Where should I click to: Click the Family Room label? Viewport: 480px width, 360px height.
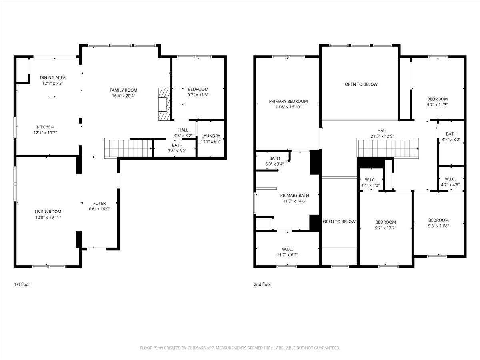click(x=124, y=90)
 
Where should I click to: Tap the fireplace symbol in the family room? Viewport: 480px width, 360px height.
click(x=164, y=104)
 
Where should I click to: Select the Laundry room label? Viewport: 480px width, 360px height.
click(x=210, y=136)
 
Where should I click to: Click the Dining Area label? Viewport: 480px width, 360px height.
click(x=52, y=78)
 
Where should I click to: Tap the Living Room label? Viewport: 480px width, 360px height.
click(x=48, y=212)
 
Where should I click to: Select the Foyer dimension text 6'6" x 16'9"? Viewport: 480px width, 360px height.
click(x=99, y=209)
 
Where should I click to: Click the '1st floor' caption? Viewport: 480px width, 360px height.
click(x=22, y=284)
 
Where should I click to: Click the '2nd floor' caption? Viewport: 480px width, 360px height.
click(x=262, y=284)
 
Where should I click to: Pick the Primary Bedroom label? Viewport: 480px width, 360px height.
click(x=288, y=102)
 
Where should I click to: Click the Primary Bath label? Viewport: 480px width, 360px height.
click(x=294, y=195)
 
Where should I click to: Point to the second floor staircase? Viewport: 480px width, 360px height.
click(x=388, y=148)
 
